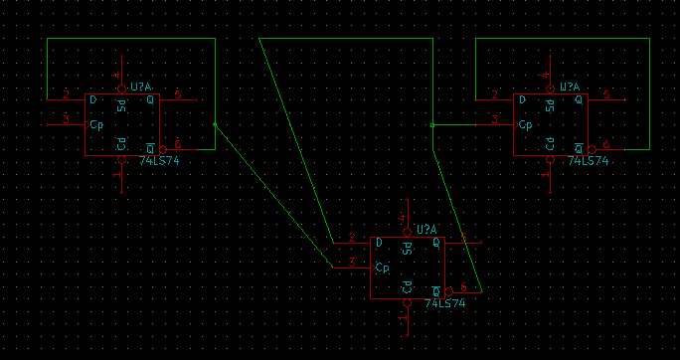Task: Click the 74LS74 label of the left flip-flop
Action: (159, 160)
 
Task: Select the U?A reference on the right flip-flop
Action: (574, 88)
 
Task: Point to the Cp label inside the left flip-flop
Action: (96, 125)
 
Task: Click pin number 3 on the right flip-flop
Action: (495, 119)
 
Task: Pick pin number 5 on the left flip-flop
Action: (177, 95)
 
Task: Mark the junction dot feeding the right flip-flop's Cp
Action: (432, 125)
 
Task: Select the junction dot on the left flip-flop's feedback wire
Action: (215, 125)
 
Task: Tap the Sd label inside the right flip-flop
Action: (550, 105)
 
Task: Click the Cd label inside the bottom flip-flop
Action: (407, 287)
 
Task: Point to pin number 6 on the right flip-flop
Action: (606, 145)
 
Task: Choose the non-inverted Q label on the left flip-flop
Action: (150, 100)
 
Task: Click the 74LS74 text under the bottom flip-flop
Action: (445, 303)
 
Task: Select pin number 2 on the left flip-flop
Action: (66, 95)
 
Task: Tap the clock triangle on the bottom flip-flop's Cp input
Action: (374, 269)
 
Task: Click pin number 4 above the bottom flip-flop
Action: (402, 217)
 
